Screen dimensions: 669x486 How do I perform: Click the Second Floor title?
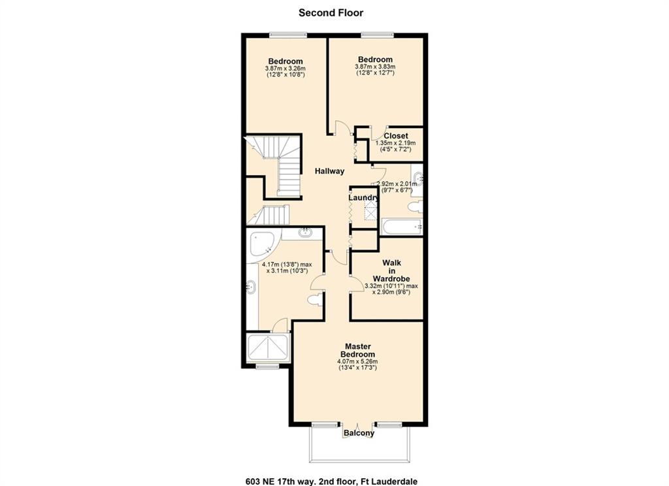pyautogui.click(x=331, y=13)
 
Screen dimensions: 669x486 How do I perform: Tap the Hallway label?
pyautogui.click(x=329, y=171)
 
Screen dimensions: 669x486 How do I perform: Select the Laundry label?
pyautogui.click(x=363, y=198)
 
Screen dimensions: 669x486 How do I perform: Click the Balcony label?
pyautogui.click(x=359, y=433)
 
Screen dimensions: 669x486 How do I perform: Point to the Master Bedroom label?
pyautogui.click(x=357, y=350)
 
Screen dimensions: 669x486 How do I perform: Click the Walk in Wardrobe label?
pyautogui.click(x=391, y=270)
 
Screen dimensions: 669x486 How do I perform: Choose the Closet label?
pyautogui.click(x=396, y=136)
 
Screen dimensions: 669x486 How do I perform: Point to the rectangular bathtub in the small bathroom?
pyautogui.click(x=402, y=227)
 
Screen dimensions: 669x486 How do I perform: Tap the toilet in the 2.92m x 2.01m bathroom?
pyautogui.click(x=415, y=207)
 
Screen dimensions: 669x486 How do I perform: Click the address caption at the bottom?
pyautogui.click(x=331, y=481)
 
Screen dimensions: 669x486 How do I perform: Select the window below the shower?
pyautogui.click(x=267, y=366)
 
